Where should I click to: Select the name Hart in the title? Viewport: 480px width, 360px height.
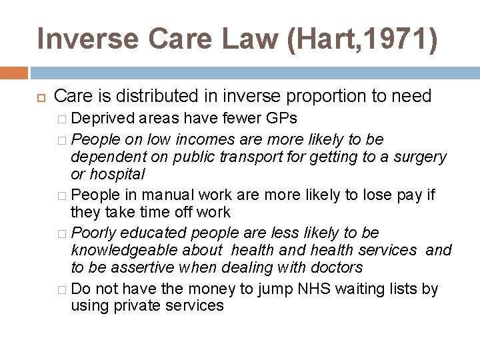pyautogui.click(x=317, y=39)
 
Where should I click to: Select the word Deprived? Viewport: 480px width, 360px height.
pyautogui.click(x=103, y=119)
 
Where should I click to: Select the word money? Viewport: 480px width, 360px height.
pyautogui.click(x=214, y=289)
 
